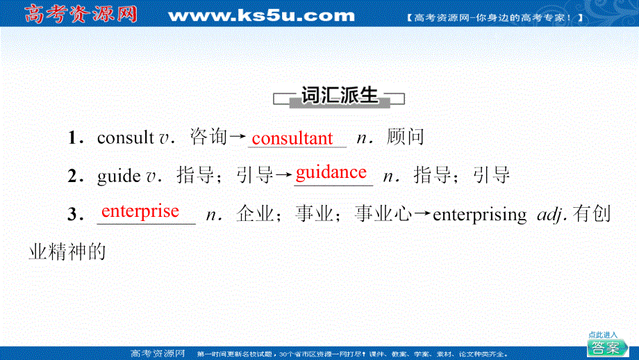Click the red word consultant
click(292, 138)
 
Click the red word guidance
click(331, 172)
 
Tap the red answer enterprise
click(140, 211)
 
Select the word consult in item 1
click(125, 138)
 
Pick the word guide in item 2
click(119, 175)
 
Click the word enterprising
click(479, 215)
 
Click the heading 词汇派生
click(340, 96)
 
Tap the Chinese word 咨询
click(208, 138)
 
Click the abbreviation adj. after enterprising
click(554, 215)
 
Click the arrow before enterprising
click(423, 215)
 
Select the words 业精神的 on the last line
click(67, 251)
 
